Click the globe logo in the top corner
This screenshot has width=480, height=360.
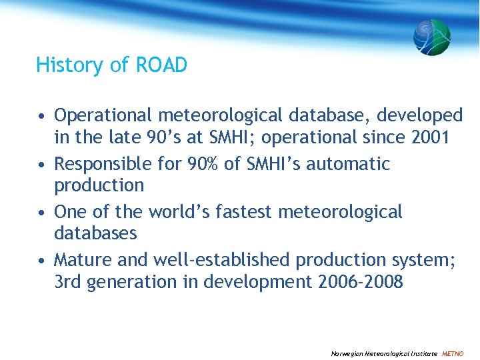click(x=431, y=37)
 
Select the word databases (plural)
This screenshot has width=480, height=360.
click(x=95, y=233)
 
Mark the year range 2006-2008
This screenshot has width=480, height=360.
click(x=359, y=282)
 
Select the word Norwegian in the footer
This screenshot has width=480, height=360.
click(x=346, y=353)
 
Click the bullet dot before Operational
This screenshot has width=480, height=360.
click(x=41, y=117)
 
